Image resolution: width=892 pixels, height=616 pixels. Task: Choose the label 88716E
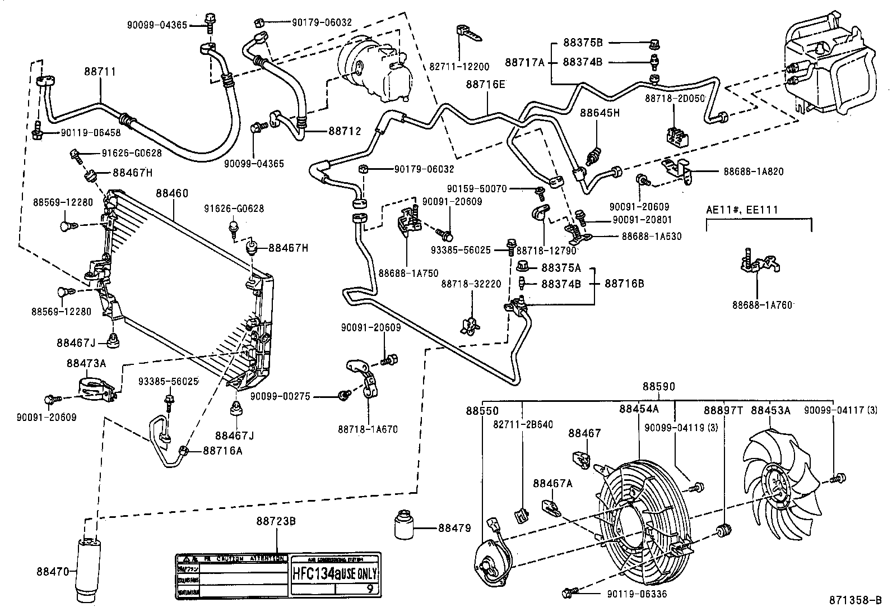pyautogui.click(x=485, y=84)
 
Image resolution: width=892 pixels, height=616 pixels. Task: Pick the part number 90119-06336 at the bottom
pyautogui.click(x=637, y=594)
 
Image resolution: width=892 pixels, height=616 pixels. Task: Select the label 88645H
pyautogui.click(x=600, y=113)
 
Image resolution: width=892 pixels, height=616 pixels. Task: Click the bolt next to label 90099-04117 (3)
pyautogui.click(x=839, y=478)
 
